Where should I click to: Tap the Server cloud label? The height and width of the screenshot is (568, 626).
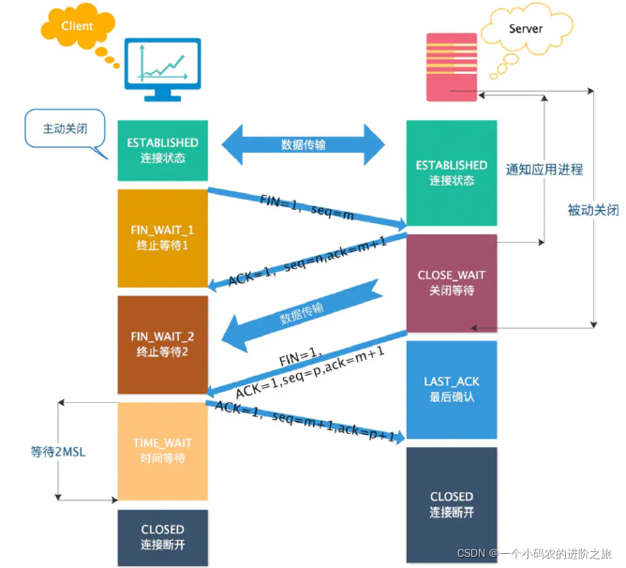click(x=525, y=29)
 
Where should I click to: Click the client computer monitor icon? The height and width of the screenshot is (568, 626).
click(x=163, y=70)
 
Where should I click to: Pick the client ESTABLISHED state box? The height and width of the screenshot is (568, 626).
click(x=162, y=150)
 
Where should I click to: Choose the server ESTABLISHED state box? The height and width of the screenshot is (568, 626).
click(x=452, y=172)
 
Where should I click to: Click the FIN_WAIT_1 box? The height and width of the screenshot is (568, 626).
click(x=162, y=238)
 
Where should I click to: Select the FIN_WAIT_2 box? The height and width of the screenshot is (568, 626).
click(x=162, y=344)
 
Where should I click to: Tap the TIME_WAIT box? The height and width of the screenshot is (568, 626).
click(x=162, y=451)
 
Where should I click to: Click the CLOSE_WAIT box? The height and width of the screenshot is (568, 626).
click(x=452, y=282)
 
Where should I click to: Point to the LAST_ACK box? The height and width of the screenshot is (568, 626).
click(x=452, y=389)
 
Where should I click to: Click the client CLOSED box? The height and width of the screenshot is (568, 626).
click(x=162, y=537)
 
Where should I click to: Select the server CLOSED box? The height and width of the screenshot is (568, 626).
click(x=452, y=504)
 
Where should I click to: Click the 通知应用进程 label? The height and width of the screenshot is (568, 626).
click(x=544, y=170)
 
